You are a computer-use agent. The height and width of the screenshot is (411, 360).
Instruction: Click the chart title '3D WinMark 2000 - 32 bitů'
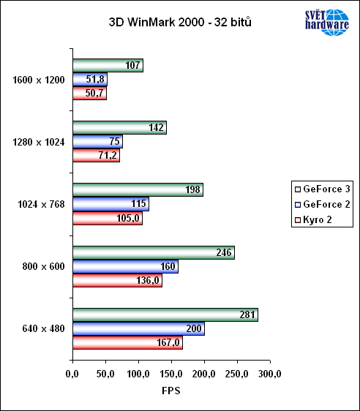point(179,22)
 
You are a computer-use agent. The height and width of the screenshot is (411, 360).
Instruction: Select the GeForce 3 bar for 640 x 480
point(165,314)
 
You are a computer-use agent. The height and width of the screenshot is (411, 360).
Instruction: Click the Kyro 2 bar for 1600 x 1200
point(89,94)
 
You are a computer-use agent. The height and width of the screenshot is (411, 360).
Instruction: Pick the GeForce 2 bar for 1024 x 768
point(110,204)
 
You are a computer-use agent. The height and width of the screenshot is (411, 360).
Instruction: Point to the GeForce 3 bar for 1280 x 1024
point(119,128)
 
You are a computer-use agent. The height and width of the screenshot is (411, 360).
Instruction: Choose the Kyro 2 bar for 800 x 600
point(117,280)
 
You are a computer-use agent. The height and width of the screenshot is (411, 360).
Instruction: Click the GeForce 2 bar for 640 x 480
point(138,328)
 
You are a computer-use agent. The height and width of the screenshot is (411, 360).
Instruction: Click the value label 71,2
point(109,156)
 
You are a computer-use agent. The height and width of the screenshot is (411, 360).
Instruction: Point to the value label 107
point(133,66)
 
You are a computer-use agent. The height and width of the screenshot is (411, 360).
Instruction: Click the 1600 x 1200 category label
point(38,80)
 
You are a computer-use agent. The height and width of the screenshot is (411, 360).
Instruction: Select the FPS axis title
point(170,391)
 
